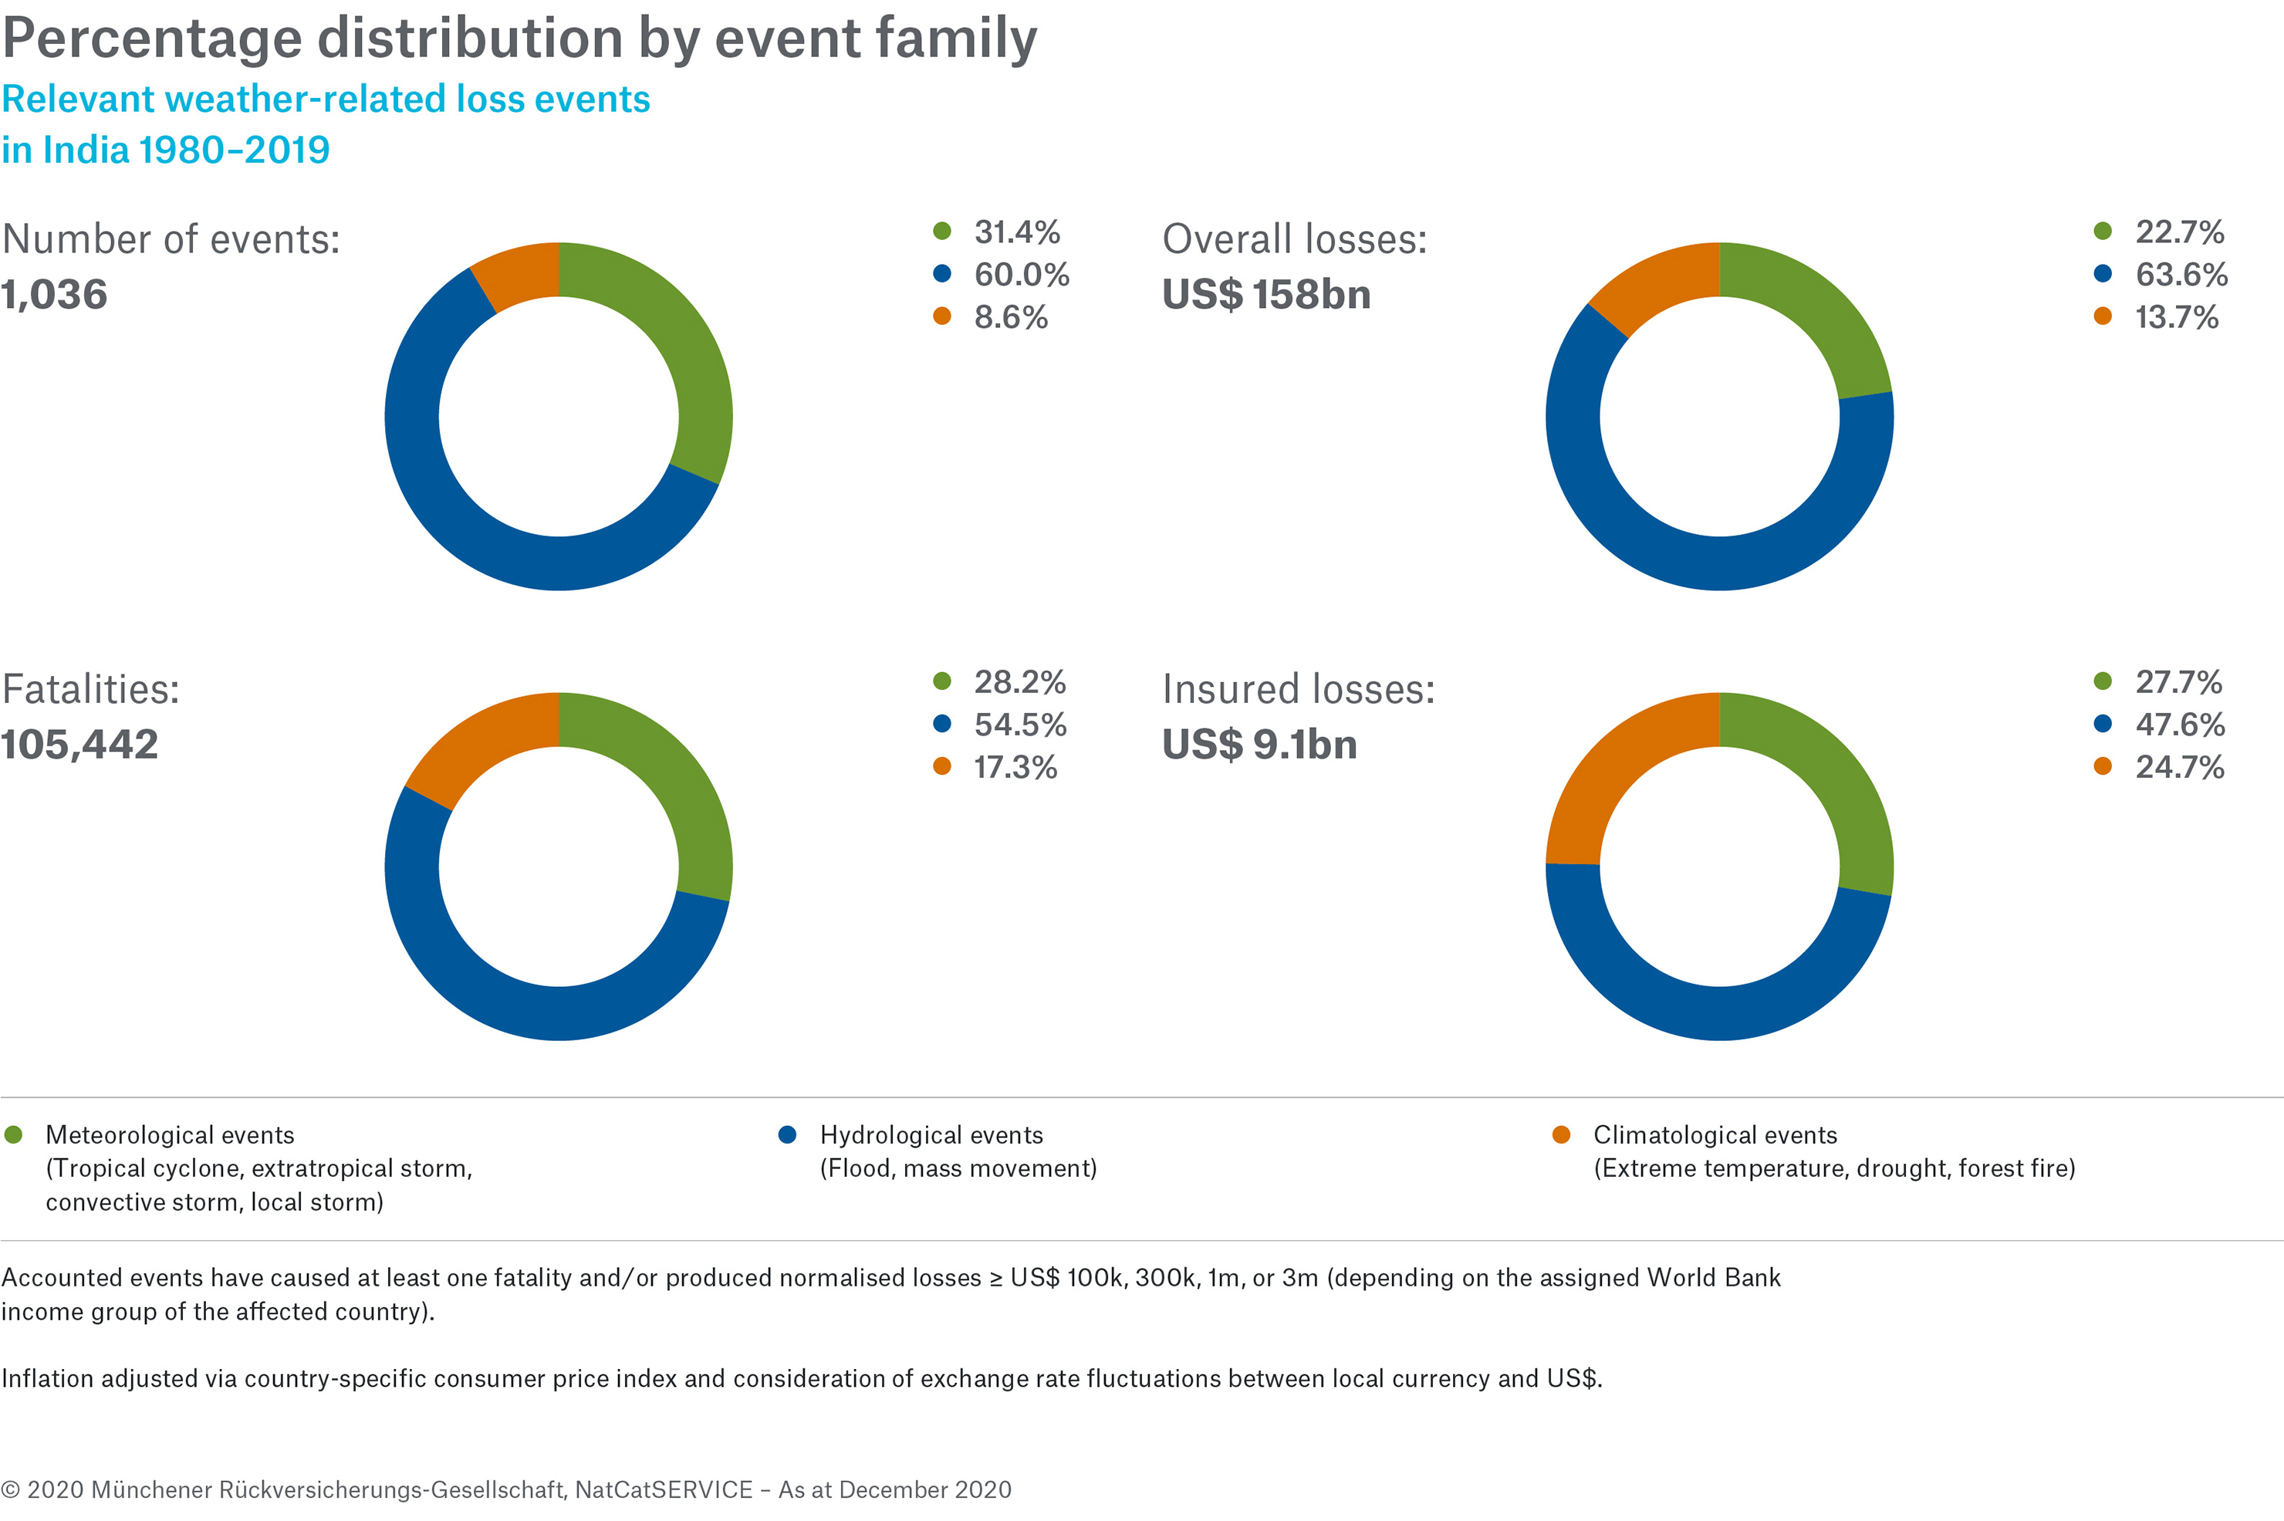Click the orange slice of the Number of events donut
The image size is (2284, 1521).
521,275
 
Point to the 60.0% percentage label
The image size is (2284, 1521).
1022,275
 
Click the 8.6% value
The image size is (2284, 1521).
1011,317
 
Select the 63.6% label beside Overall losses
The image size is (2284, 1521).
2181,275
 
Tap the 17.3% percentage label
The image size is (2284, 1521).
1015,767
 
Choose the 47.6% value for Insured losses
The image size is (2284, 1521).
2179,725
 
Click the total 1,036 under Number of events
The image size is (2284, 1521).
54,295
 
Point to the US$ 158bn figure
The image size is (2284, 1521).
1265,295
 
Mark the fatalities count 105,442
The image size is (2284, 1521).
79,745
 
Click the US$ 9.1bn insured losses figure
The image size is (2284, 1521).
1259,745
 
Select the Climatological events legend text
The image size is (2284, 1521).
1715,1135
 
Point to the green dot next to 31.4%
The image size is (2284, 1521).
941,231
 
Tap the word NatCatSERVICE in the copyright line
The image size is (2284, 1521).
664,1490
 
